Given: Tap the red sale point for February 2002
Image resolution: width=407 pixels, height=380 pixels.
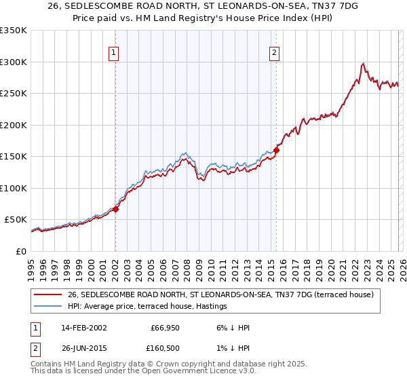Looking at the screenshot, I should tap(116, 209).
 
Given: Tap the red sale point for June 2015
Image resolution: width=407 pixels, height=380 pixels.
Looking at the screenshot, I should tap(277, 150).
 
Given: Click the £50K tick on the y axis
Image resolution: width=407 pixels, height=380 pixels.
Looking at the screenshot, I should tap(16, 220).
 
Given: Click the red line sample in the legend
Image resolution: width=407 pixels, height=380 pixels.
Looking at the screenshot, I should tap(49, 294).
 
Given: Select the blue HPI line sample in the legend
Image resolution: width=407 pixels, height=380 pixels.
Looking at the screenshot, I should tap(49, 307).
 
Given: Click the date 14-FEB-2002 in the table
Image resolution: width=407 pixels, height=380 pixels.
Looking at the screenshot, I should tap(79, 328).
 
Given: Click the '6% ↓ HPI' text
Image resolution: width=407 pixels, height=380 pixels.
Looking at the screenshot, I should tap(231, 328).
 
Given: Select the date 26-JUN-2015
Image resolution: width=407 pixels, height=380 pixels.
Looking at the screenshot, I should tap(79, 348).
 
